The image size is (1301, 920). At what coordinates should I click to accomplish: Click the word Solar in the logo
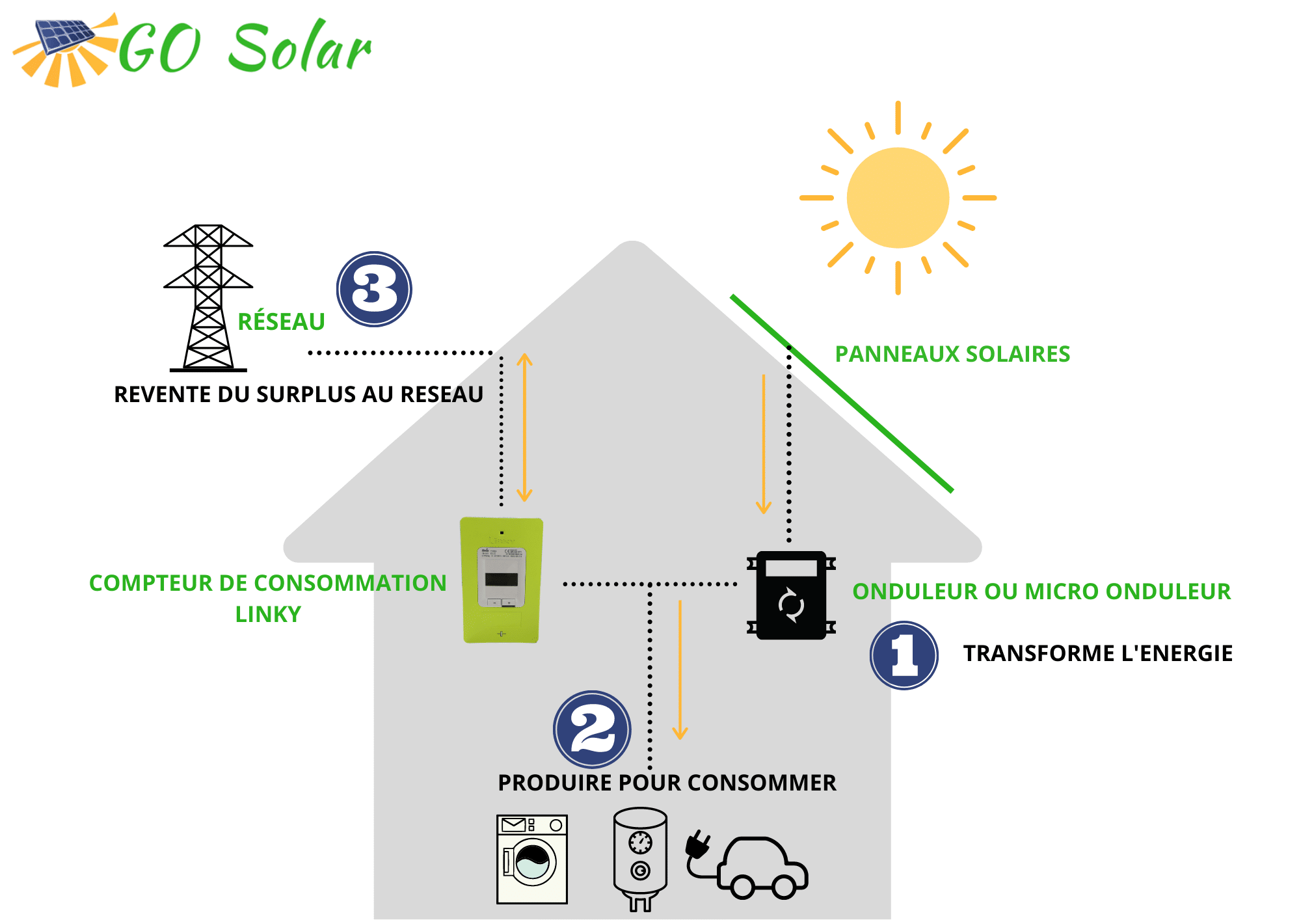point(300,46)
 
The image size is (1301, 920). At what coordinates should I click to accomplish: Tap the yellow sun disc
point(898,197)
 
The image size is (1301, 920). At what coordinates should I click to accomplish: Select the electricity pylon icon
point(208,298)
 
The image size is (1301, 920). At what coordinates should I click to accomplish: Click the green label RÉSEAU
point(281,321)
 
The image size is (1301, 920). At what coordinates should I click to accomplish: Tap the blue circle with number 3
point(374,289)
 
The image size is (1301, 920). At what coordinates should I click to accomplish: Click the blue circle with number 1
point(904,655)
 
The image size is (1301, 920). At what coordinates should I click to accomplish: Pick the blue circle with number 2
point(592,729)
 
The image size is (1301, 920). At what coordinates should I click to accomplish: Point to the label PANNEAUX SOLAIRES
point(952,354)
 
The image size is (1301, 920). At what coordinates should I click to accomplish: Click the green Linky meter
point(502,580)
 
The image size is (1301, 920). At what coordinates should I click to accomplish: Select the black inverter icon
point(791,595)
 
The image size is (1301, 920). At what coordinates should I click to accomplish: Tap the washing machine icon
point(532,859)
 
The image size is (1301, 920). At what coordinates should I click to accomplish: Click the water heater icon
point(640,859)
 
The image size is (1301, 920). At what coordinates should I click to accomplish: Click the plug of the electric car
point(698,843)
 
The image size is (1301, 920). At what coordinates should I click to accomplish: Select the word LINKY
point(268,614)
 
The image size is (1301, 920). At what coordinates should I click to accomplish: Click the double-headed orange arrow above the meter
point(524,427)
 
